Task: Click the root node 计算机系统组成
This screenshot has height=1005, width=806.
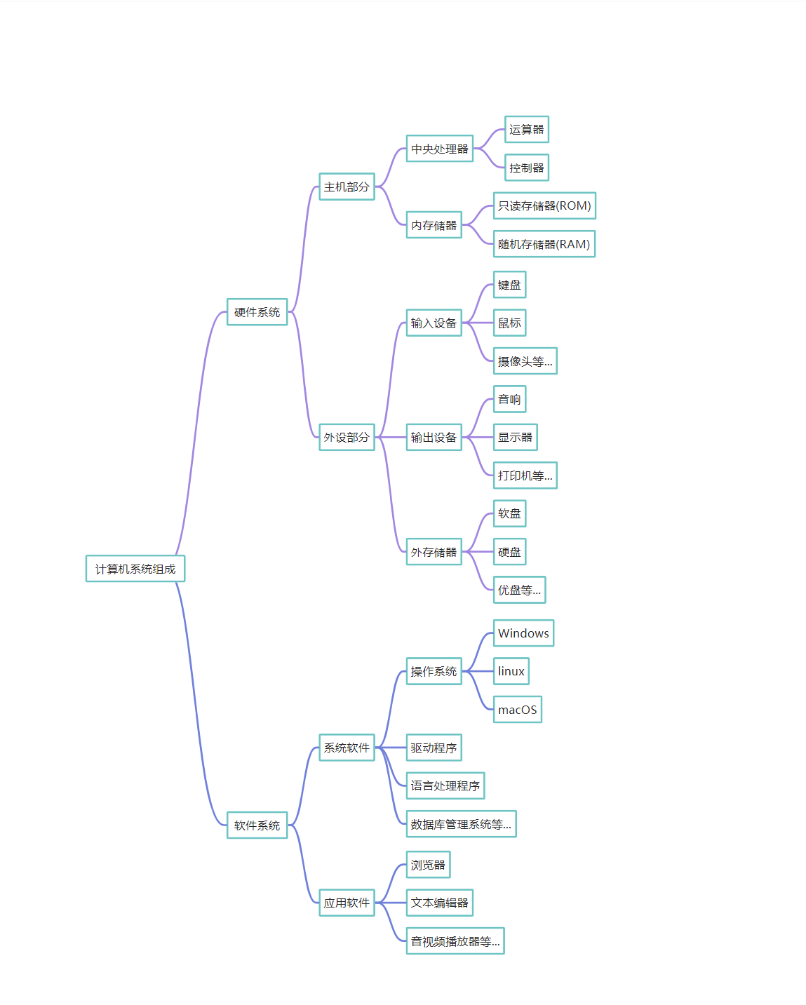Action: point(135,569)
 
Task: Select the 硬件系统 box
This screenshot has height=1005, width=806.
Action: point(257,312)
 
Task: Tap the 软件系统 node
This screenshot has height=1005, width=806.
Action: point(257,825)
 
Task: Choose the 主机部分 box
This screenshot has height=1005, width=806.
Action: point(347,187)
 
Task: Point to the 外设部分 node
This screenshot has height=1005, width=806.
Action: point(347,437)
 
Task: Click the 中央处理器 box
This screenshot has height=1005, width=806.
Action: point(440,149)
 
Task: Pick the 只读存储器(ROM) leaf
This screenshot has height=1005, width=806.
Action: point(544,205)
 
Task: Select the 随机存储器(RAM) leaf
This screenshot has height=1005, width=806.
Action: point(544,244)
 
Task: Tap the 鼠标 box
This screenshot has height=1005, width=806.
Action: point(509,323)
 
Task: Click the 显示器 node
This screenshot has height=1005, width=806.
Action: point(516,437)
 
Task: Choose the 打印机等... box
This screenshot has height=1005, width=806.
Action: point(525,475)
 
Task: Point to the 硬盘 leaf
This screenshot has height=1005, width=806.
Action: point(509,552)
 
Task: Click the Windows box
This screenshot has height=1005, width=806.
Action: point(524,633)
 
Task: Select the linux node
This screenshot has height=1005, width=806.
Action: point(511,671)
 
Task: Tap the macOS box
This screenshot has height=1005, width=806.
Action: point(518,710)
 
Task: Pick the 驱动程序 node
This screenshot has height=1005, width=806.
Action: point(434,748)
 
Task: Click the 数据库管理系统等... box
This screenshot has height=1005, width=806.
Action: point(462,824)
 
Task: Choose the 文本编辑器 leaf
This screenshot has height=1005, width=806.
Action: point(440,903)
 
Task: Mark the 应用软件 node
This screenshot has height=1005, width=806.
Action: point(347,903)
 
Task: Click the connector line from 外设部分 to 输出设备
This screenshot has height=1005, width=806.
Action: point(391,437)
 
